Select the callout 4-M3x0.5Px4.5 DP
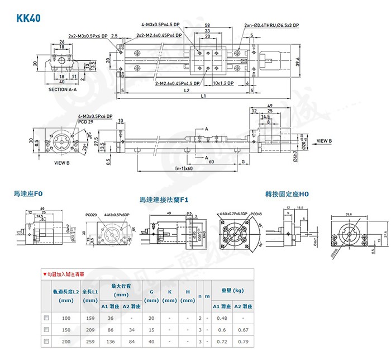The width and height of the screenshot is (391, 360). pos(161,25)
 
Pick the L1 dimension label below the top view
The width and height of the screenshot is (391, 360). pos(204,97)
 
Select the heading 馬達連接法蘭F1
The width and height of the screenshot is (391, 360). pos(165,199)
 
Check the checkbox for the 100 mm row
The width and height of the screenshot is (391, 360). pos(46,318)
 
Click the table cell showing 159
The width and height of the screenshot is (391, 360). pos(90,318)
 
